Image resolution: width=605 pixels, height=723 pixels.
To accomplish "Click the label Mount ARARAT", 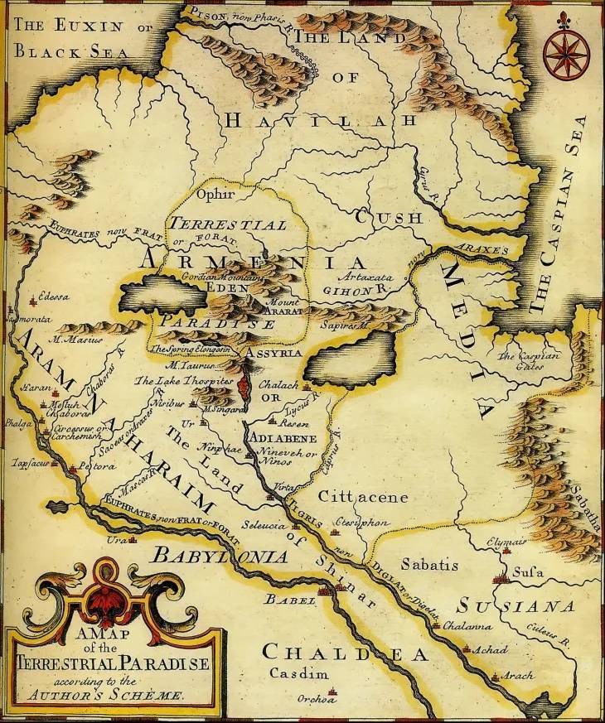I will point(282,307).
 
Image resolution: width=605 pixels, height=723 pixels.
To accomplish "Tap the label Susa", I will point(528,572).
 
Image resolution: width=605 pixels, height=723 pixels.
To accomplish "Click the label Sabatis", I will point(429,565).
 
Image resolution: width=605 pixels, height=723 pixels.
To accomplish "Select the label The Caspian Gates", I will point(529,360).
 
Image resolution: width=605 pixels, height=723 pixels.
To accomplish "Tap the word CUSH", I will point(390,218).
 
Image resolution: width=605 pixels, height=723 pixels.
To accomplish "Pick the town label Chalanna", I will point(468,626).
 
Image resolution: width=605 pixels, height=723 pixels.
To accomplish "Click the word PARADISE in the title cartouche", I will point(155,663).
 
